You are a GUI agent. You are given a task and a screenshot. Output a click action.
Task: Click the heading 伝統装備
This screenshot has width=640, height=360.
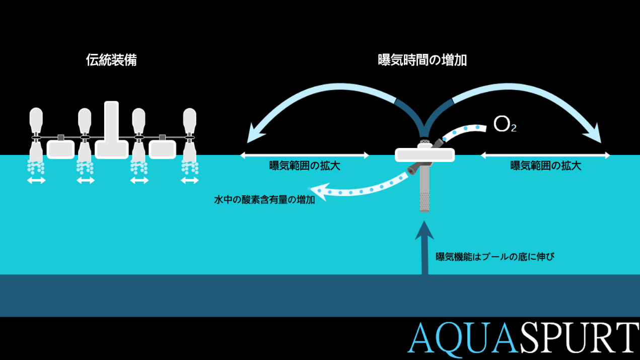(111, 60)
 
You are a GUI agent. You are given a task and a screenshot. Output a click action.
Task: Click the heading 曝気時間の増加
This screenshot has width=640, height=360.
(422, 60)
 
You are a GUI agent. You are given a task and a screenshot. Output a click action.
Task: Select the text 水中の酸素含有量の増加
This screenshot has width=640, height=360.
(264, 199)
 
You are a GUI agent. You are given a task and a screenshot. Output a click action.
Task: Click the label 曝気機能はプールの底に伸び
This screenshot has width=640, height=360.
(495, 257)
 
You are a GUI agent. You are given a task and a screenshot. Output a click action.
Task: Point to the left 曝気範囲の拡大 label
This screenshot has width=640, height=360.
(305, 166)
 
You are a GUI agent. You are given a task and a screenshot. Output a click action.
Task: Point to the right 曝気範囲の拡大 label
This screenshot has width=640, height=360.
(546, 166)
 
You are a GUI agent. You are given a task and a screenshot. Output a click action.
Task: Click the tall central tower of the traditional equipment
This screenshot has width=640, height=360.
(111, 130)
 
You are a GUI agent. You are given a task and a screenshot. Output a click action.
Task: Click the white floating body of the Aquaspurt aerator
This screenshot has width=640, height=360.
(425, 155)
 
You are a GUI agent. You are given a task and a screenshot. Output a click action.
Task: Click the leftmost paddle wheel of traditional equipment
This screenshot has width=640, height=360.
(36, 135)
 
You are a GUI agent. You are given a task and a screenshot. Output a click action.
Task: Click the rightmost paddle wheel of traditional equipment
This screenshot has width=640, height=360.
(189, 135)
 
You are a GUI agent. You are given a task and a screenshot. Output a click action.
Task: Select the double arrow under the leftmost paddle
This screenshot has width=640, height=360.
(36, 180)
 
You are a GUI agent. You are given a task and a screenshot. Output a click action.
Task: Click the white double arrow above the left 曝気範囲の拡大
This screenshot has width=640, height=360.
(305, 156)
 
